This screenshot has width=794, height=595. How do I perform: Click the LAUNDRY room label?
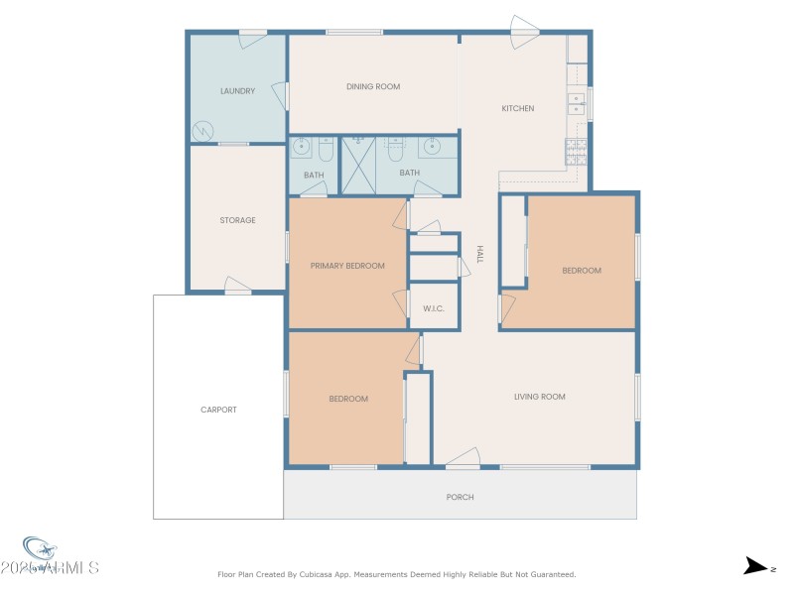pos(237,91)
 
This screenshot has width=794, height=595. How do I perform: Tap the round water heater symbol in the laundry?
pos(201,130)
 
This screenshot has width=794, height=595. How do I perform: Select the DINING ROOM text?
pos(373,87)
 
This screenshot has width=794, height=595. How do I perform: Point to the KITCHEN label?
pos(517,108)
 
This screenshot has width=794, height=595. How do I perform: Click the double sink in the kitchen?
pos(576,103)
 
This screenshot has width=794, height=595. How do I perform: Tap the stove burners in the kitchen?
pos(576,151)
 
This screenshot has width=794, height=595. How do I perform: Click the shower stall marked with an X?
pos(357,166)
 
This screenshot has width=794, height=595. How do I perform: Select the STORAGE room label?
pos(237,220)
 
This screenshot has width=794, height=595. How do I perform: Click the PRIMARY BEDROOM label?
pos(347,266)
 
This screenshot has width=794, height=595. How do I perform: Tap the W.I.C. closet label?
pos(434,308)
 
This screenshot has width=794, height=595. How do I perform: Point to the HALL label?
pos(479,254)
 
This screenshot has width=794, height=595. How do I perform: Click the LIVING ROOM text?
pos(539,397)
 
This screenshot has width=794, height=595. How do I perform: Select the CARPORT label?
pos(218,410)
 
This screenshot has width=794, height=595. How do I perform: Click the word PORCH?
pos(461,497)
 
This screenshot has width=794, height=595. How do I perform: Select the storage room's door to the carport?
pos(238,286)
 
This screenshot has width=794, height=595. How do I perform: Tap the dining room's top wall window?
pos(354,33)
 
